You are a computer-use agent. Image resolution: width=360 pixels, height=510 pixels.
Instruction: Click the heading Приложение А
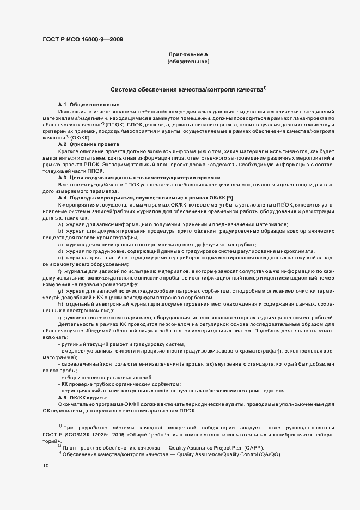tap(188, 55)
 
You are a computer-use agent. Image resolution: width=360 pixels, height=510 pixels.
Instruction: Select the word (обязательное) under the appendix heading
tap(188, 62)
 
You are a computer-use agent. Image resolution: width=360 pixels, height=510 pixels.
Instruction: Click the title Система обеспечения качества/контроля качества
tap(187, 89)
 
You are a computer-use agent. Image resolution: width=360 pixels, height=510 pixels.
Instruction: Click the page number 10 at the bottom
tap(46, 465)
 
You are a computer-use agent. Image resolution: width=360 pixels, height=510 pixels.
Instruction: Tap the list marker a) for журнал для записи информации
tap(60, 224)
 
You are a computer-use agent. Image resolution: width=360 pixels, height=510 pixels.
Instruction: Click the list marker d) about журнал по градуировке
tap(60, 252)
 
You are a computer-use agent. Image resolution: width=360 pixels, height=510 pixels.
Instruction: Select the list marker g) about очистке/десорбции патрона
tap(60, 292)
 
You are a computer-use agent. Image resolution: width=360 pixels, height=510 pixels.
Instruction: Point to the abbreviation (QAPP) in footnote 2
tap(252, 447)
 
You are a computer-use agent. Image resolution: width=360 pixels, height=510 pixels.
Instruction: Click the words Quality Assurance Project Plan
tap(200, 447)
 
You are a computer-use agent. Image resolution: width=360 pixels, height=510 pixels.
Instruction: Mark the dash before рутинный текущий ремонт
tap(59, 344)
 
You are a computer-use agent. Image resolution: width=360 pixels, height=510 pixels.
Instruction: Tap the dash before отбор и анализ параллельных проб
tap(59, 378)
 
